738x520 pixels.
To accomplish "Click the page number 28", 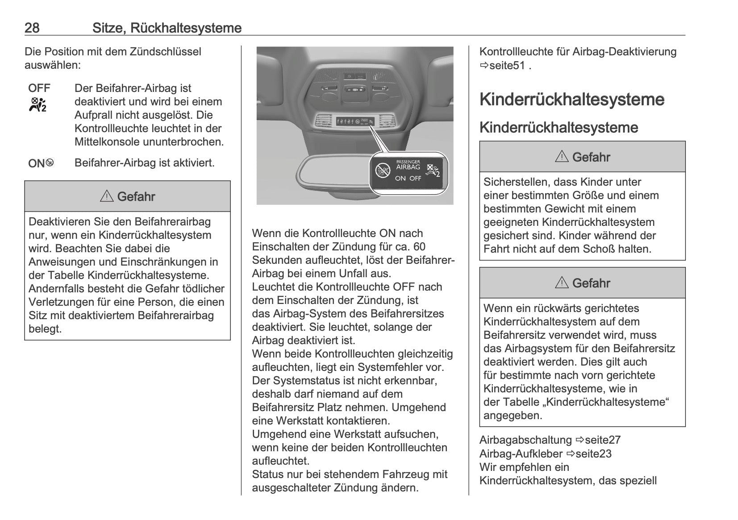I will click(32, 28).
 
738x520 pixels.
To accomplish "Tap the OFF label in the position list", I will click(39, 88).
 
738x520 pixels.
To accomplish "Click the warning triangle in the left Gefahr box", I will click(107, 196).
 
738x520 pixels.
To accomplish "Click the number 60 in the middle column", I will click(419, 247).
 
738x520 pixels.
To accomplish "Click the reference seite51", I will click(507, 66).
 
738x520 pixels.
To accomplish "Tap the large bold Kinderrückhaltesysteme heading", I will click(571, 99).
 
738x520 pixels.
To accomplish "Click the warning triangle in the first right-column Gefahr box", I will click(562, 157).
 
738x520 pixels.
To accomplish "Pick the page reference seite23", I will click(593, 454).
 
